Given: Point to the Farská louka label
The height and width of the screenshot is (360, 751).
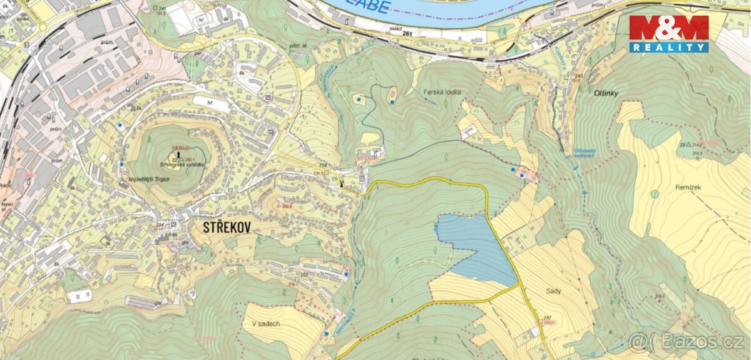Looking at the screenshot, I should click(442, 92).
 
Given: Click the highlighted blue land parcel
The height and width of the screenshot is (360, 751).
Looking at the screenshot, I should click(476, 247).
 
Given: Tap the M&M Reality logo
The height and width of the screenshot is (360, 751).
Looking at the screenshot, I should click(668, 34).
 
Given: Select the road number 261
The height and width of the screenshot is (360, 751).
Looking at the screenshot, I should click(409, 32).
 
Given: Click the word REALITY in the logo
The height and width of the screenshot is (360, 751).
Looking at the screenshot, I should click(668, 48).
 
